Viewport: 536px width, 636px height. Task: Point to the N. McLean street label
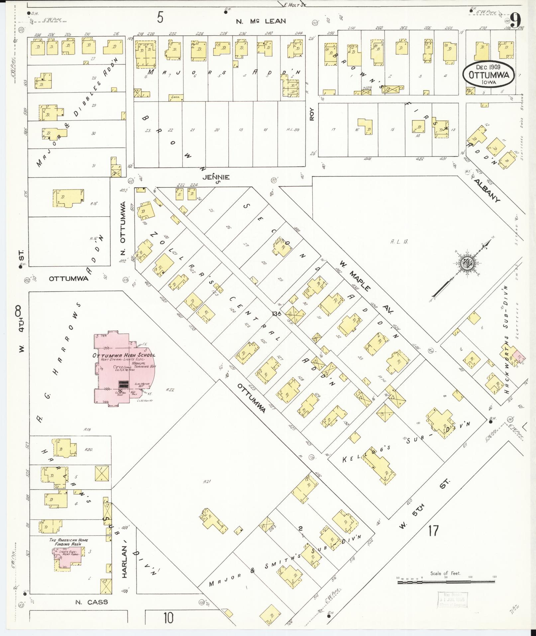click(x=261, y=21)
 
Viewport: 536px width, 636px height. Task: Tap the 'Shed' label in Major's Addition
click(x=175, y=97)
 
